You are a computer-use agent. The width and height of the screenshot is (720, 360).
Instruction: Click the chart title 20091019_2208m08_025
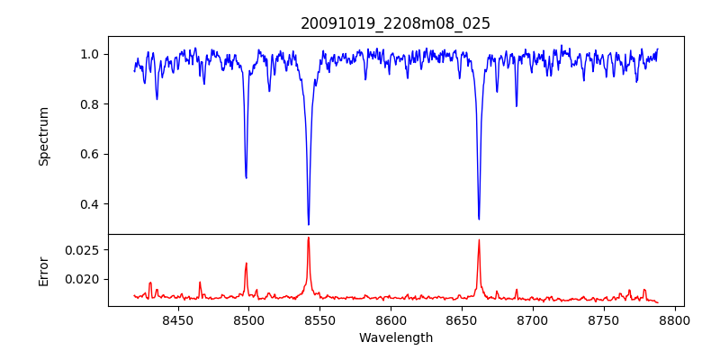pos(395,23)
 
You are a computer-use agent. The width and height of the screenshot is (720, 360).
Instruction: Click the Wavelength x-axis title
pos(395,338)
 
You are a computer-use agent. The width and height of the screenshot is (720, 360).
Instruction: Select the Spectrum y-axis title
pos(43,136)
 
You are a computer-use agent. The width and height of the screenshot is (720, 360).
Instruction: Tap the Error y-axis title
pos(43,270)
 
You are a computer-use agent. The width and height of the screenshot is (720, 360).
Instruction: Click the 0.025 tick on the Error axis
pos(83,249)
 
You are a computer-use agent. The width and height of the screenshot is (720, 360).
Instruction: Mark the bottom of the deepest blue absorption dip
pos(309,224)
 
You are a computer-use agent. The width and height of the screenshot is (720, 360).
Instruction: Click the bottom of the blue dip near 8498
pos(246,177)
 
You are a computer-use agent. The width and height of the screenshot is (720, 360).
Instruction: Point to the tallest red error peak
pos(309,238)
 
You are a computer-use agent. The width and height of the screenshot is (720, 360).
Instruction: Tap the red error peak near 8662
pos(479,240)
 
